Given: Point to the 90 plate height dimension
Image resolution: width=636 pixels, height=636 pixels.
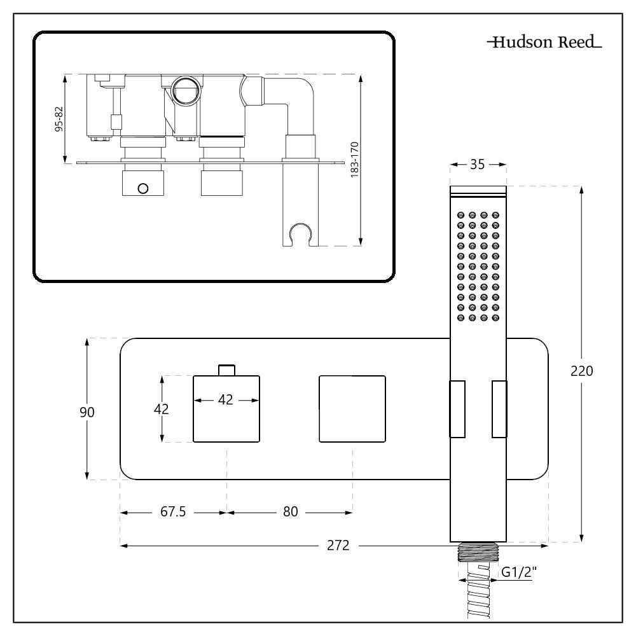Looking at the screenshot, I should (87, 411).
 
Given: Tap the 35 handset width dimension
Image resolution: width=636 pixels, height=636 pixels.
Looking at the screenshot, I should (478, 165).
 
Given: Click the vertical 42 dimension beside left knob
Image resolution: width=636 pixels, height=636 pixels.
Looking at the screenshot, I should (163, 409).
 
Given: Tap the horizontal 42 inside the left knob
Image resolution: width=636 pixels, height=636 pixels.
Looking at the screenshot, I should (226, 400).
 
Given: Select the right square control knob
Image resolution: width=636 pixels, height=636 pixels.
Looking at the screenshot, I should (352, 408).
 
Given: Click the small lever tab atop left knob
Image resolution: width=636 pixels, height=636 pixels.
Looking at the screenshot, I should (227, 370).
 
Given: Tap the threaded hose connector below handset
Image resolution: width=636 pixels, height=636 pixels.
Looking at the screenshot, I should (478, 552).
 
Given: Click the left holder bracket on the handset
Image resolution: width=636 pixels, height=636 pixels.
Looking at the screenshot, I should (457, 409).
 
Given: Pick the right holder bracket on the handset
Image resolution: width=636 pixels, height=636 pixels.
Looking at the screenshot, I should (499, 409).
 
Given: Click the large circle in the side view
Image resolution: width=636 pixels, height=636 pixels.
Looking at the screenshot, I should (186, 90).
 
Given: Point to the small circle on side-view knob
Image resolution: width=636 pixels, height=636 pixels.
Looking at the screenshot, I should (142, 188).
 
